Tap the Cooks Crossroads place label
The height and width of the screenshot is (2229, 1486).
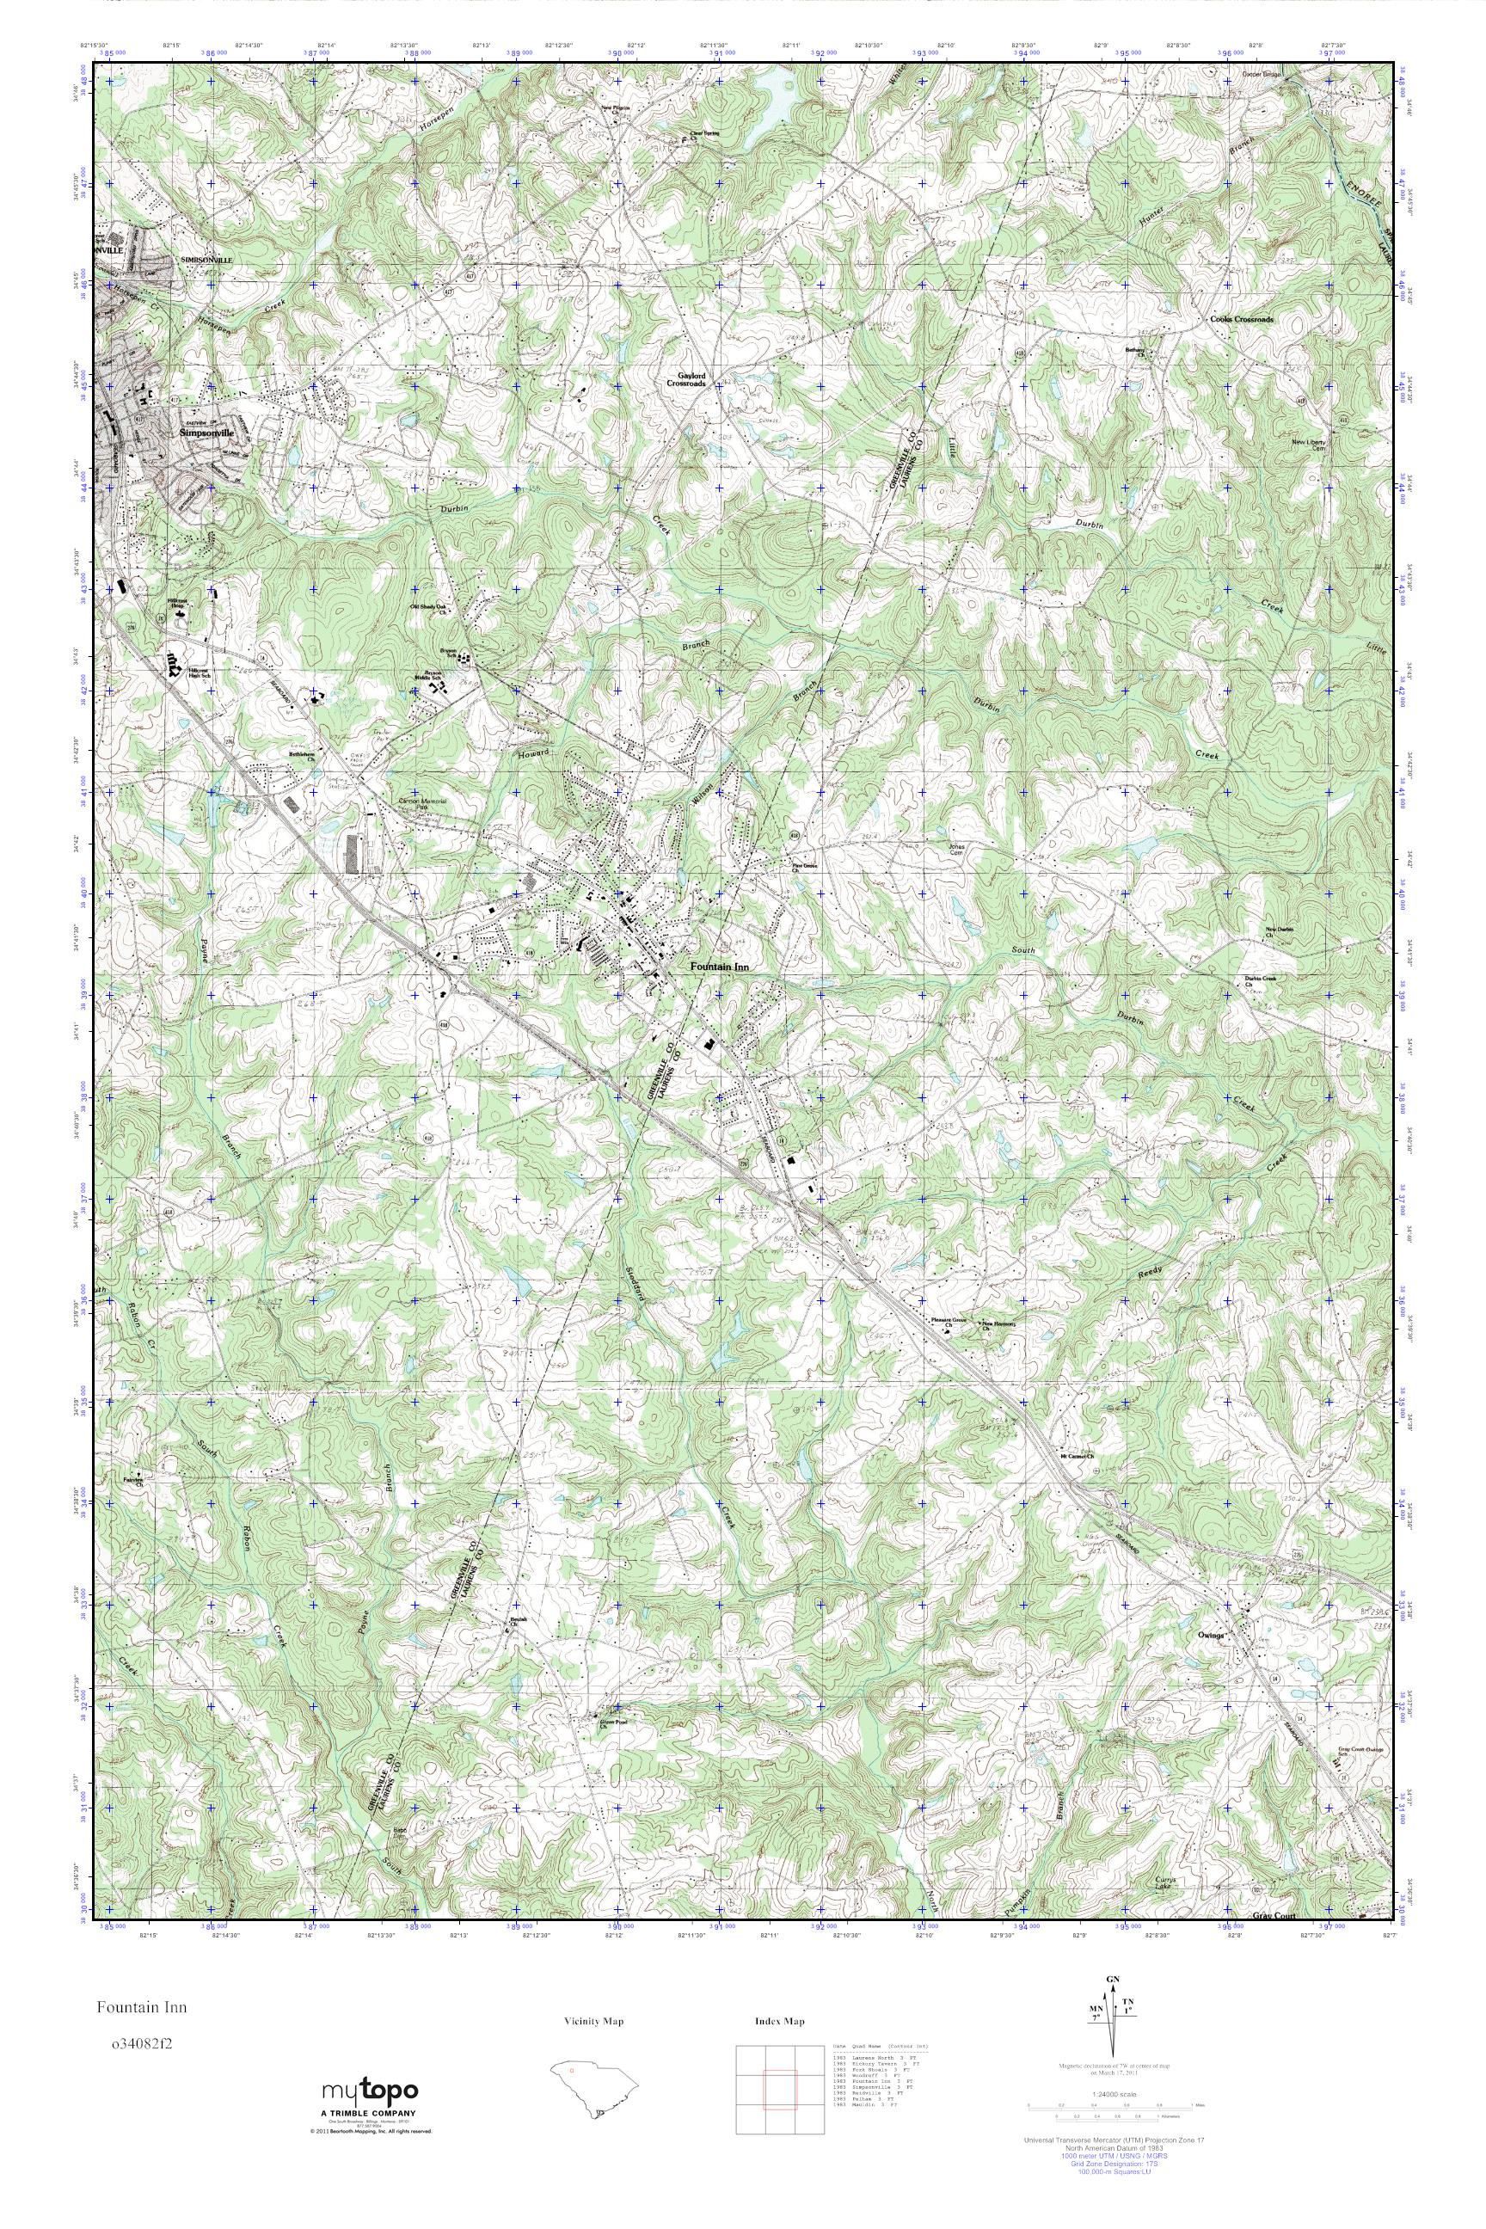click(x=1242, y=320)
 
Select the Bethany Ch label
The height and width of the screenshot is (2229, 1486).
click(x=1135, y=352)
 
